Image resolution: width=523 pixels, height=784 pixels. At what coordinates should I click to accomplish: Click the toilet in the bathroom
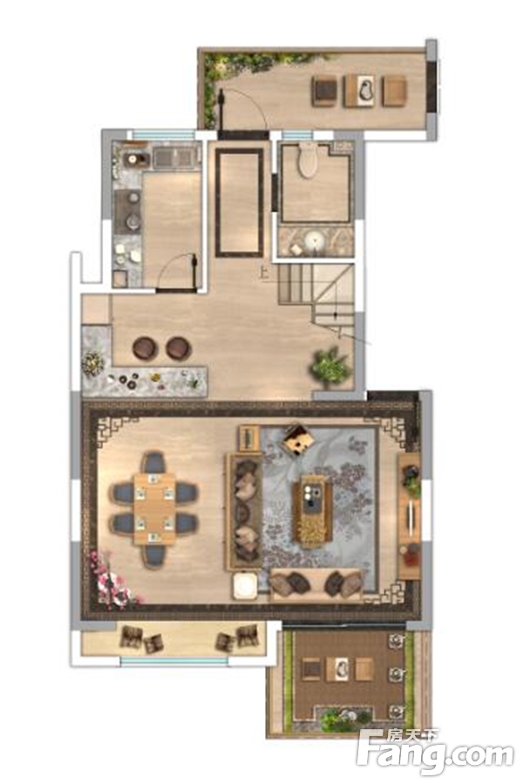[x=308, y=159]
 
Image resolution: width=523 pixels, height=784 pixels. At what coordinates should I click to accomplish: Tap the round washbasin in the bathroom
[x=314, y=242]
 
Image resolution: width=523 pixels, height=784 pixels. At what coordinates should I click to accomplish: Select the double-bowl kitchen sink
[x=173, y=158]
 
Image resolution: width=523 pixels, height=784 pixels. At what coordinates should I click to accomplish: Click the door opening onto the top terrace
[x=241, y=111]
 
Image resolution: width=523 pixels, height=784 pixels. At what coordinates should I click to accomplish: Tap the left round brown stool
[x=146, y=348]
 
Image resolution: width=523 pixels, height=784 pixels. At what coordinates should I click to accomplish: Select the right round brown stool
[x=178, y=348]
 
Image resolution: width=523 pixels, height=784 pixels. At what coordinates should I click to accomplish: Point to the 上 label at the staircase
[x=264, y=273]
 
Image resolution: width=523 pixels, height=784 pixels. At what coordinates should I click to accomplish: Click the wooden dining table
[x=154, y=509]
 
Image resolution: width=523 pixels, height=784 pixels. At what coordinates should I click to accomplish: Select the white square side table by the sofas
[x=245, y=585]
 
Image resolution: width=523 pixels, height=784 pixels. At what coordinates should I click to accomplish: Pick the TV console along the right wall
[x=410, y=516]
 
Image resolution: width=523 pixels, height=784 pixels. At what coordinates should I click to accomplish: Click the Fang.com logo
[x=436, y=753]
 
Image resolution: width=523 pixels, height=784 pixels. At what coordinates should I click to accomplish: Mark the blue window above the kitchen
[x=164, y=135]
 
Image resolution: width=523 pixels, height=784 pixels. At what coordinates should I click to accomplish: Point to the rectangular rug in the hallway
[x=240, y=202]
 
